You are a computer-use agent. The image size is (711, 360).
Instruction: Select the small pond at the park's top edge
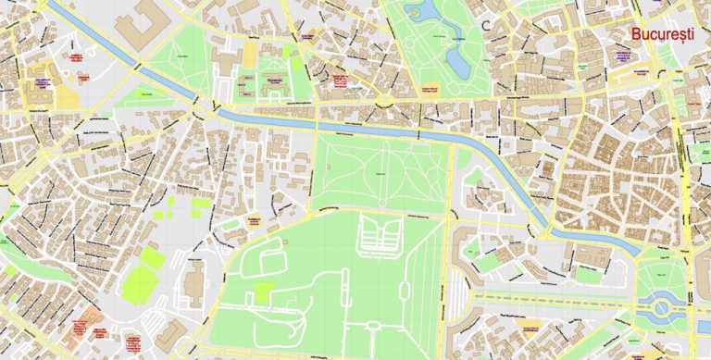[414, 10]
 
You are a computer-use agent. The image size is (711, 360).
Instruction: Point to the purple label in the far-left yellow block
[41, 83]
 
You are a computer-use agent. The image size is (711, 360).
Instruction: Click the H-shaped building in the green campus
[274, 81]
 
